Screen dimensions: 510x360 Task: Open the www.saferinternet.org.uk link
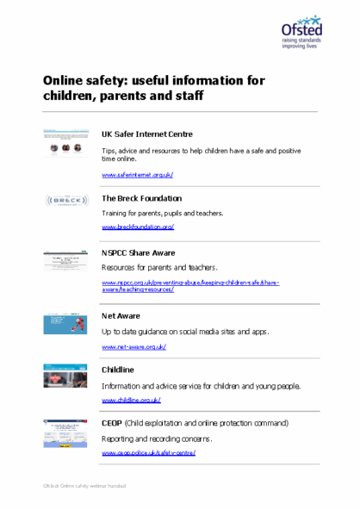[137, 175]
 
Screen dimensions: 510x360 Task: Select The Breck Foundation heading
[141, 198]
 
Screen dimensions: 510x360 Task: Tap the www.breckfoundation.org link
[138, 227]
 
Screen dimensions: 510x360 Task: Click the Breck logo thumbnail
[65, 201]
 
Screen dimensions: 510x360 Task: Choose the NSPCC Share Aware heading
[138, 253]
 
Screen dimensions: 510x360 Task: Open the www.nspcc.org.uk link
[189, 282]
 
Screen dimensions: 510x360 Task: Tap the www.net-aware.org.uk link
[133, 346]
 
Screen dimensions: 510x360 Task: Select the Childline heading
[118, 370]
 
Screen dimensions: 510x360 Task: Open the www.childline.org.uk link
[131, 400]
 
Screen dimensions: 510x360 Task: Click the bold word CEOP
[112, 424]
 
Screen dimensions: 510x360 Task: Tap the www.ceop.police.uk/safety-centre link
[148, 452]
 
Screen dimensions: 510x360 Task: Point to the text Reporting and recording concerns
[158, 438]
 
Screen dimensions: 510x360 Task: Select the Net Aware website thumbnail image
[66, 323]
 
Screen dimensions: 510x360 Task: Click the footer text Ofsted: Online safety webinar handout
[84, 487]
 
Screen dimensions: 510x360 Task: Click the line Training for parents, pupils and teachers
[162, 213]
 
